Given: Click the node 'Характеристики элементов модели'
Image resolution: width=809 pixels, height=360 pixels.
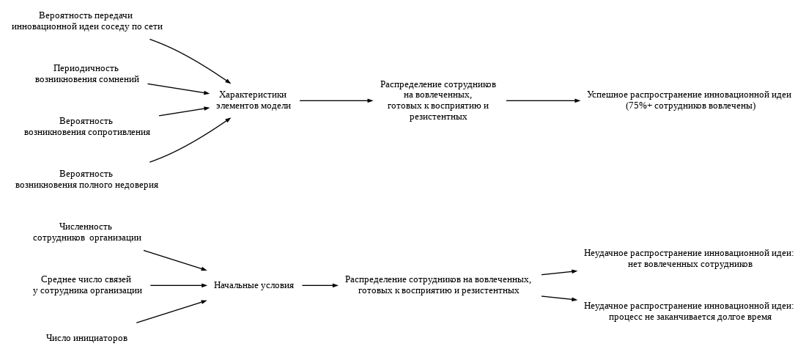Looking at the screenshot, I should (254, 100).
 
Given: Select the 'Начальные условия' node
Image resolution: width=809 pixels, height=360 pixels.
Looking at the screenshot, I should (254, 285).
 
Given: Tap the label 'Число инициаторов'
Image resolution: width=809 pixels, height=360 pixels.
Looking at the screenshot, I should (86, 338).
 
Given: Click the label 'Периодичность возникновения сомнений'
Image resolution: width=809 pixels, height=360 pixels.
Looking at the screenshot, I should (87, 74).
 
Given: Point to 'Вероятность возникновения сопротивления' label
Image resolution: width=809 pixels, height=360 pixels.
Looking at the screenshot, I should (87, 127).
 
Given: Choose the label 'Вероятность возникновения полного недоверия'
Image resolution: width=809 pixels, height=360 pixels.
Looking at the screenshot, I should (86, 180).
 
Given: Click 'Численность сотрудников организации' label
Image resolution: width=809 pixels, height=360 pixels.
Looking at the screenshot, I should (86, 232).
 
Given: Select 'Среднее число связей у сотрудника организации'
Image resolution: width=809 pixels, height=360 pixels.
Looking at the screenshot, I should (87, 285).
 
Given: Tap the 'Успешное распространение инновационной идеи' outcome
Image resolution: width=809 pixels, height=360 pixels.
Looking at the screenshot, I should (689, 95).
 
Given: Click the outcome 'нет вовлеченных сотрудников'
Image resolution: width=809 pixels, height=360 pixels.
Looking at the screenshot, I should (689, 264).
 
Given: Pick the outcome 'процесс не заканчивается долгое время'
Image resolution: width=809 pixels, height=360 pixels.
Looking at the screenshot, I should (689, 317).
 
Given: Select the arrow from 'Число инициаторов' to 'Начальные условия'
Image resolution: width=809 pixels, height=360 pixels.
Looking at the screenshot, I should (171, 312).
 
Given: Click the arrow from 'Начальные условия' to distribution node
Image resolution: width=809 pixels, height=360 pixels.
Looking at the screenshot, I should (320, 285).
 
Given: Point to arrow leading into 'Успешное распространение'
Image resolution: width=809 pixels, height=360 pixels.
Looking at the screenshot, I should (543, 100).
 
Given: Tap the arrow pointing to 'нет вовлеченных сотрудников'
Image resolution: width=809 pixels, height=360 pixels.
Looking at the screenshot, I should (559, 273).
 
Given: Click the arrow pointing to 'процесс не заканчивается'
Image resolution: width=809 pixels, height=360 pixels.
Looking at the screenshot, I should (559, 298).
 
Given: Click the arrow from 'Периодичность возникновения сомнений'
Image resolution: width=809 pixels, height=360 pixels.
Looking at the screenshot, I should (178, 89).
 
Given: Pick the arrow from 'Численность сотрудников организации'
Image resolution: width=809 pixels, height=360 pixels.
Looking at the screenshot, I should (175, 260).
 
